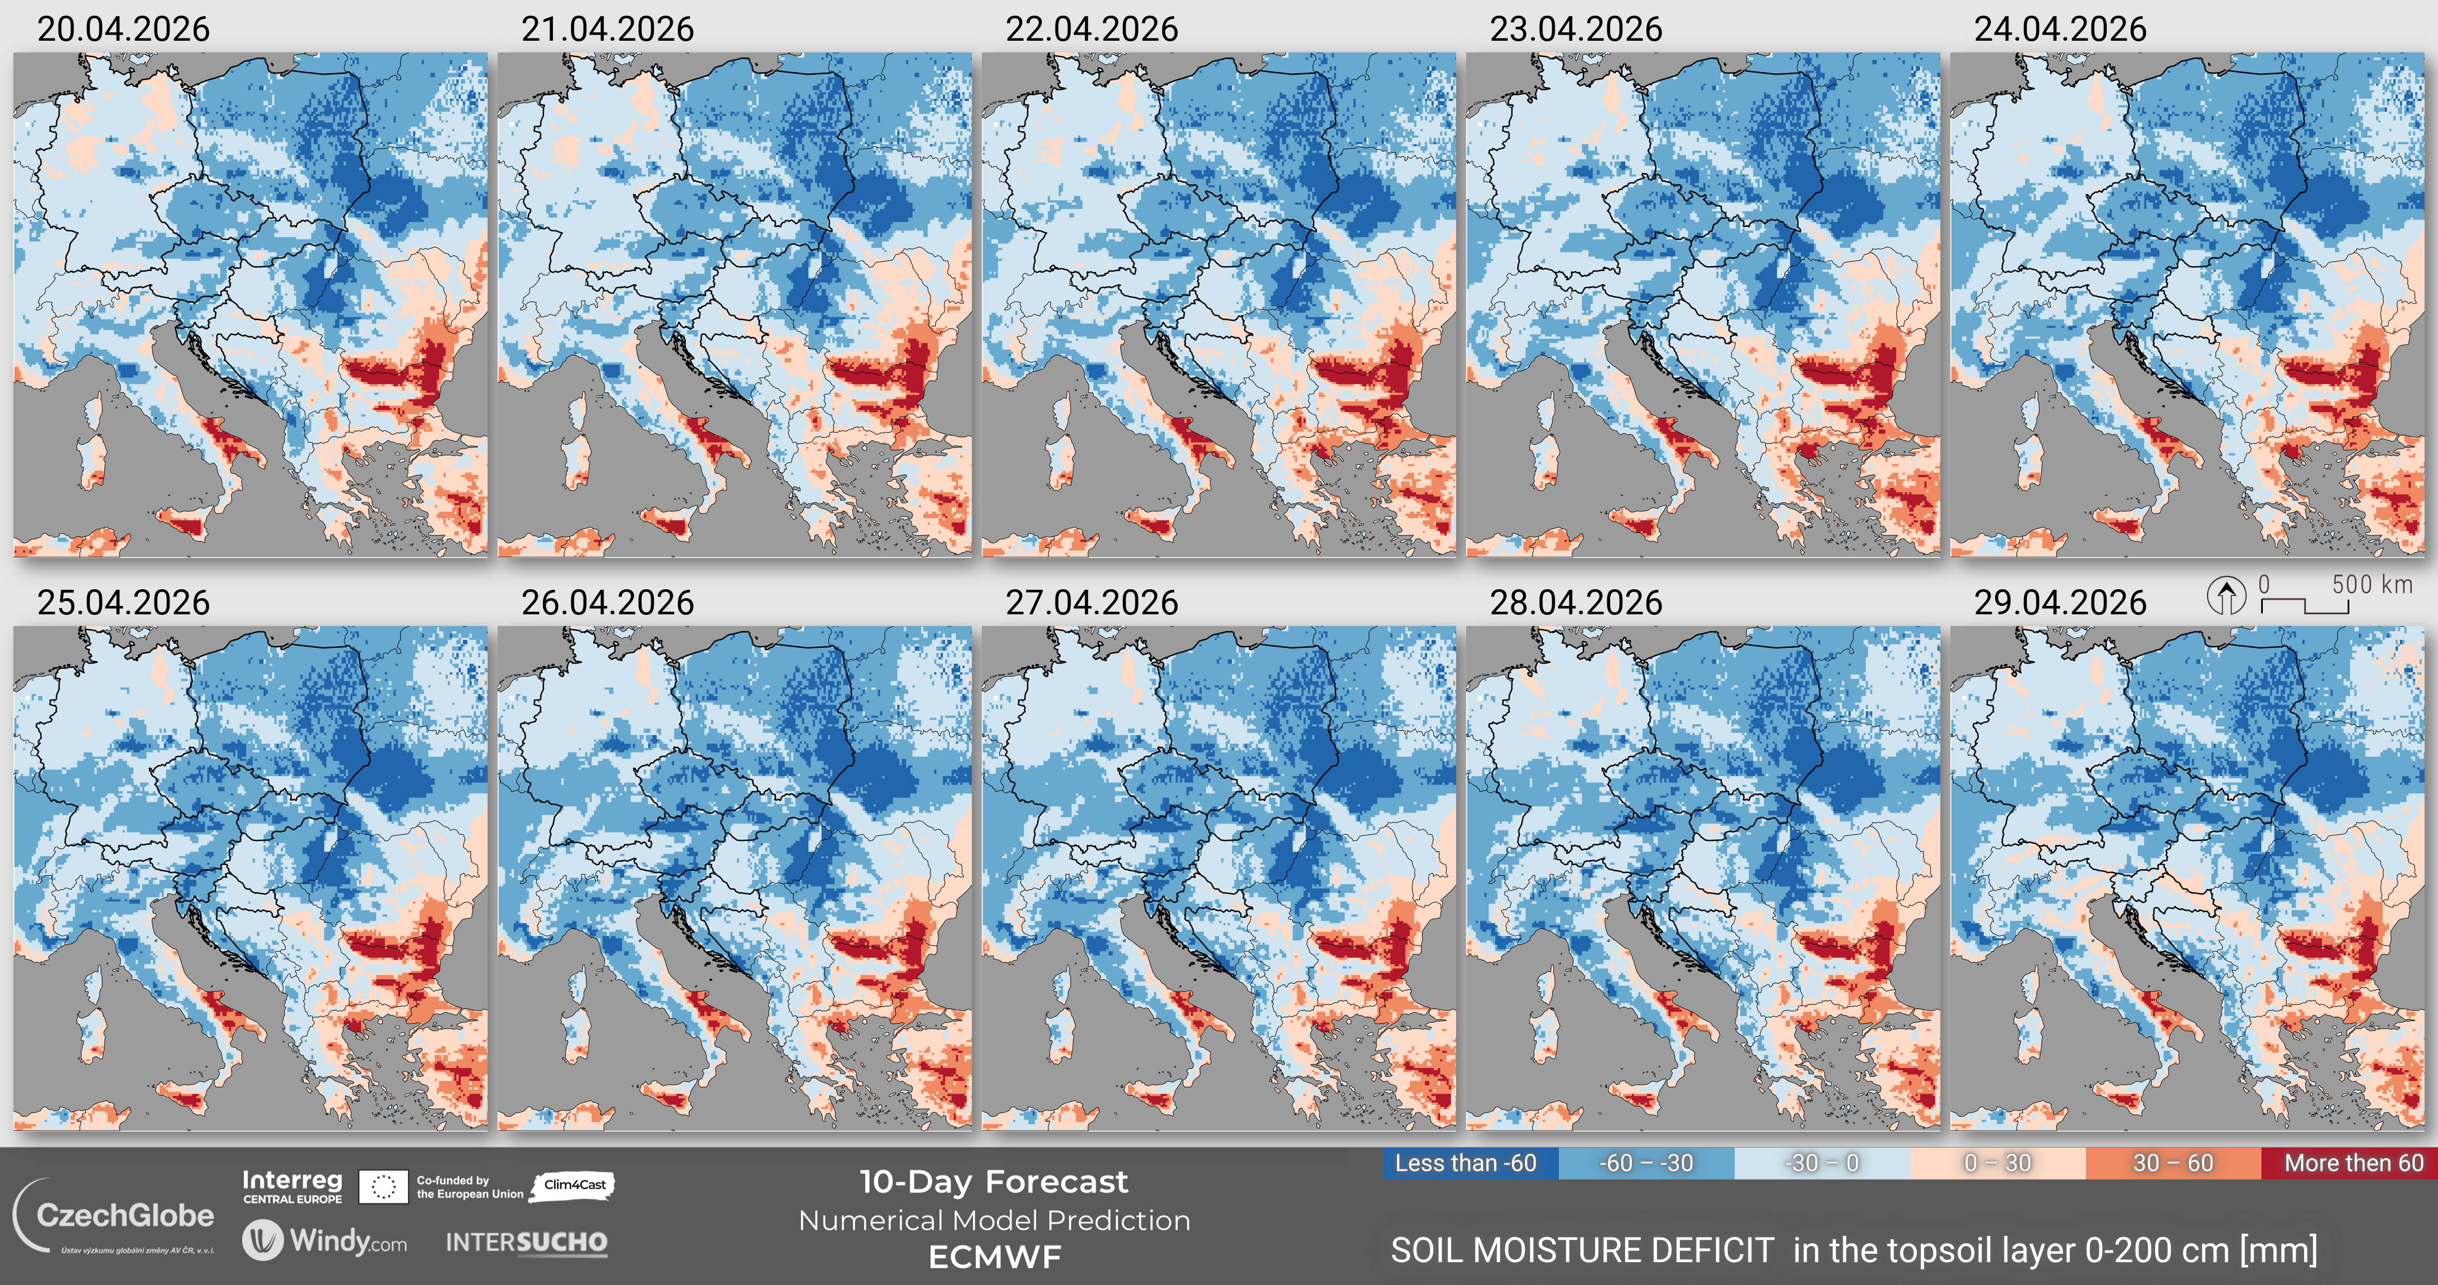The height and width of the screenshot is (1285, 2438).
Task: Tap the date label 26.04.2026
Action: pos(608,603)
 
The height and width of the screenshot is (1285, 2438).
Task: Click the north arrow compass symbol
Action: pos(2226,596)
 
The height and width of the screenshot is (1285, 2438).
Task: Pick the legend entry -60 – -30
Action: pos(1646,1163)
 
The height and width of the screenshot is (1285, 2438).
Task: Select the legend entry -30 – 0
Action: pos(1822,1163)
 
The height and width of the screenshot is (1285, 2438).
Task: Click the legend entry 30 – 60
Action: pos(2173,1163)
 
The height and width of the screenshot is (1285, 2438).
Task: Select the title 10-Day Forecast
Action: pos(994,1182)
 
